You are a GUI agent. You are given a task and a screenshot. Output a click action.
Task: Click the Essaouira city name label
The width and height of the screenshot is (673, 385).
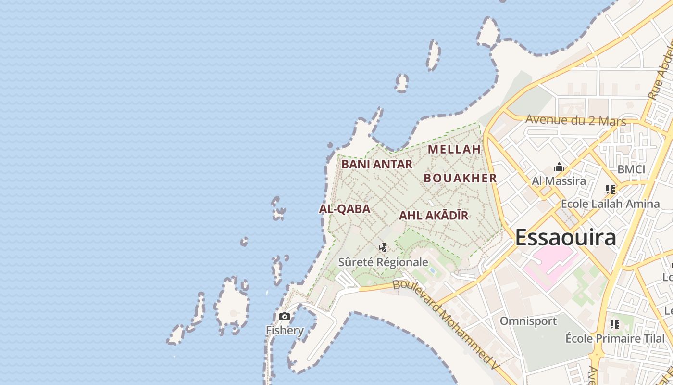565,238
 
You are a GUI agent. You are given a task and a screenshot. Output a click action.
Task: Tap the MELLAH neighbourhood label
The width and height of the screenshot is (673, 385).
454,149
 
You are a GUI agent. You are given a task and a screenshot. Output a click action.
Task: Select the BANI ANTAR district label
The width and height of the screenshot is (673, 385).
377,165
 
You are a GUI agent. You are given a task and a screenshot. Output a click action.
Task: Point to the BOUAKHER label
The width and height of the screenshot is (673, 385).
460,178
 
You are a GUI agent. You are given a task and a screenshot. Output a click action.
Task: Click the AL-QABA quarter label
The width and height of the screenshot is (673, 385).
345,209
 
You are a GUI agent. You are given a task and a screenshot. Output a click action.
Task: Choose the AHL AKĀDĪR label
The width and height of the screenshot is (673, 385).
434,216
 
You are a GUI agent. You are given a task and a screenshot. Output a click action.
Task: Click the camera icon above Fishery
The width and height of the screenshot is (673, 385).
285,316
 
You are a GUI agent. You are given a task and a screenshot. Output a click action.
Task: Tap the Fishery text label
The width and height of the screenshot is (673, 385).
285,331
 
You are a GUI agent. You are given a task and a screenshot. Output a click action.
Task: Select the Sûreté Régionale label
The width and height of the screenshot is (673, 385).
383,262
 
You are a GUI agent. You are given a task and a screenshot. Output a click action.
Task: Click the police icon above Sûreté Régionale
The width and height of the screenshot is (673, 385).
383,248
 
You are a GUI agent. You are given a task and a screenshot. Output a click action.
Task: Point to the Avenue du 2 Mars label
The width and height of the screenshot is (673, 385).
576,120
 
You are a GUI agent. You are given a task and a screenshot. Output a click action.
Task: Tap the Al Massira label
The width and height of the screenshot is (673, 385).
559,181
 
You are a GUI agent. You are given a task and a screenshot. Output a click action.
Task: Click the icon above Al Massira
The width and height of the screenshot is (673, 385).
559,167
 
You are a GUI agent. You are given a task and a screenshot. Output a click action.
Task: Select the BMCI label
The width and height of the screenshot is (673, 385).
631,169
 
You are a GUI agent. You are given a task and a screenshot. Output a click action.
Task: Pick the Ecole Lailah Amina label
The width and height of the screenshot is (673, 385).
611,204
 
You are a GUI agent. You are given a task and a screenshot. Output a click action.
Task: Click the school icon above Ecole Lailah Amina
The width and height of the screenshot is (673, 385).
611,190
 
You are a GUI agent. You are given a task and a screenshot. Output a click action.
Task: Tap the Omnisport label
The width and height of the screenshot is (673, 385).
528,321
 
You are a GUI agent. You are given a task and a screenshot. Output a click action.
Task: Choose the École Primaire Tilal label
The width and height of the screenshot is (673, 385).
614,338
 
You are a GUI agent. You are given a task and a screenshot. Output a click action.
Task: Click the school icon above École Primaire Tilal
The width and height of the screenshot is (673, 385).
614,324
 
